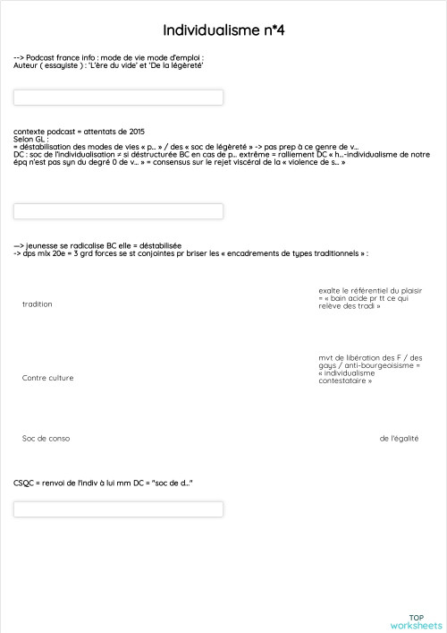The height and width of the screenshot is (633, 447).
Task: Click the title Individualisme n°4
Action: point(223,30)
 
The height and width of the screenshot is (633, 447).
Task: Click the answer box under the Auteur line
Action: point(118,98)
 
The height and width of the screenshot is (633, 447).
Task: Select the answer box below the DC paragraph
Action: point(118,211)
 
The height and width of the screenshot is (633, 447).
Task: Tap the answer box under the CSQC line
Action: point(118,509)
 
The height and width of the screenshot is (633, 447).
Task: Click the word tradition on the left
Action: point(38,304)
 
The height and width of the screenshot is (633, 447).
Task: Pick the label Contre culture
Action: point(48,378)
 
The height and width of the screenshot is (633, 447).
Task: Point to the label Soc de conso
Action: point(46,439)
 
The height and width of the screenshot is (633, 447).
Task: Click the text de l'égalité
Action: point(399,439)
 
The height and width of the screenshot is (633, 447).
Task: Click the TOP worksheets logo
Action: point(416,621)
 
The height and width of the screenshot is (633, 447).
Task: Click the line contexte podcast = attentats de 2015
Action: point(80,132)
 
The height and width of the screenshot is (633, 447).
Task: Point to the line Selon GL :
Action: point(30,139)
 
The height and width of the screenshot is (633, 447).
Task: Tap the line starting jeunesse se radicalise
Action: point(98,245)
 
